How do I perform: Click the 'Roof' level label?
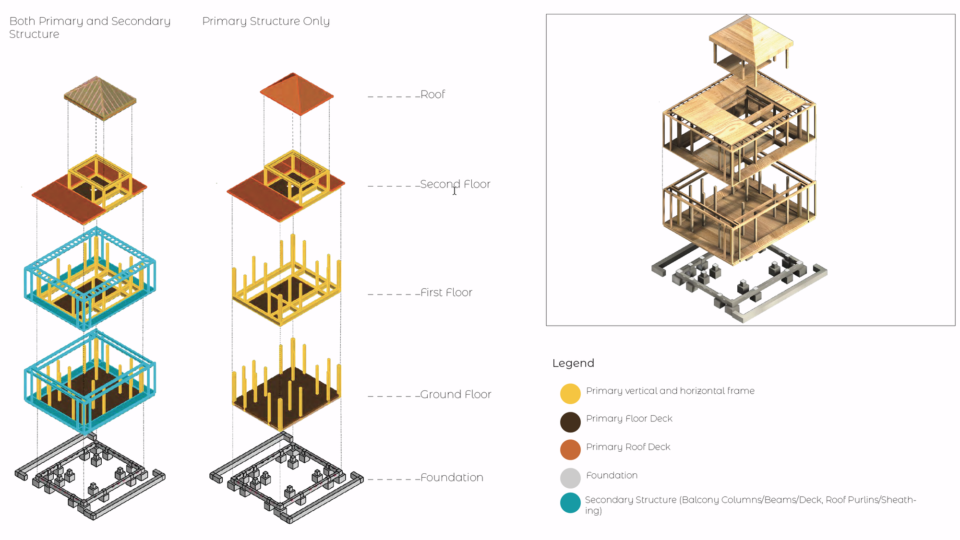(432, 94)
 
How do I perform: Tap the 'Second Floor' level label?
(455, 184)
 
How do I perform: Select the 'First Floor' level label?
(446, 293)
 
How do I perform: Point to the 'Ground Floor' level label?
(456, 394)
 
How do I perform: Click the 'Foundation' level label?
(452, 478)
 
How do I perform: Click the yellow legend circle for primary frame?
(570, 394)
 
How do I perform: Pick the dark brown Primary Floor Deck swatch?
(570, 422)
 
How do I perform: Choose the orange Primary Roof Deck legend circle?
(570, 450)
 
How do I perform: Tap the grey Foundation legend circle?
(570, 478)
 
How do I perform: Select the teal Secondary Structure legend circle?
(570, 503)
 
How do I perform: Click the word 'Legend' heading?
(573, 363)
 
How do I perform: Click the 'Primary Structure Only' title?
(266, 21)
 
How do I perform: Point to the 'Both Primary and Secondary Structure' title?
(90, 27)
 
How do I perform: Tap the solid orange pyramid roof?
(297, 94)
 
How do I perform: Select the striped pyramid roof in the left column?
(100, 98)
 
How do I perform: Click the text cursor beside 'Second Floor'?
(455, 191)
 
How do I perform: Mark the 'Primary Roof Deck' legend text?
(628, 447)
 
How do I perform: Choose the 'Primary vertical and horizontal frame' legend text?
(670, 391)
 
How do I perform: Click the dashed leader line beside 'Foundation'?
(394, 479)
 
